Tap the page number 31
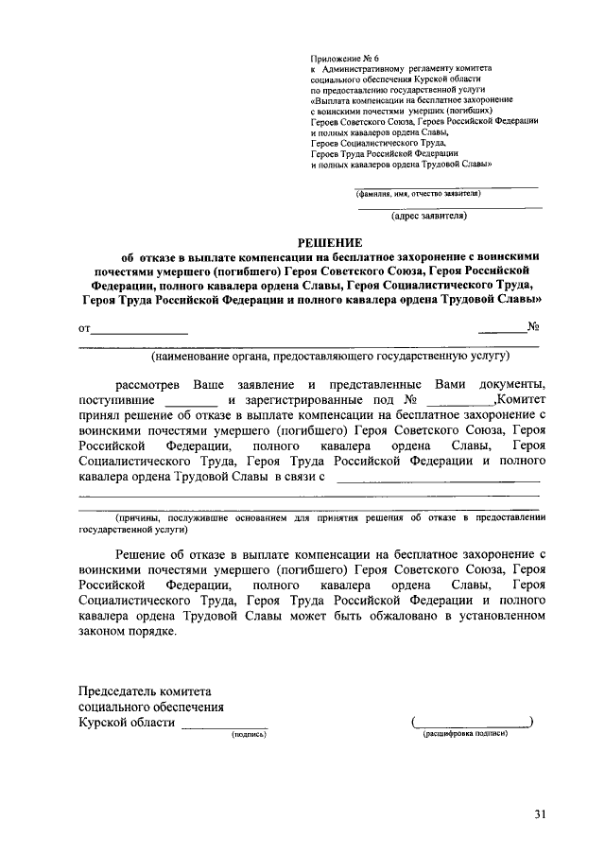point(540,813)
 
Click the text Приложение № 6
point(346,59)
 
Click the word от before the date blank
point(84,330)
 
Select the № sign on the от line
point(533,329)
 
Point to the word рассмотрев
point(149,385)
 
